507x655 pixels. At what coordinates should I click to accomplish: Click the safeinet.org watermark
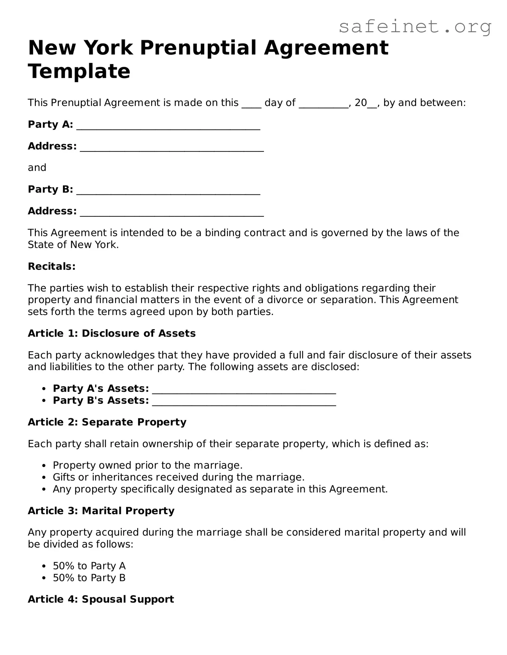click(415, 27)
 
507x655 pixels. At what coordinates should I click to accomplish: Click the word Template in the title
click(79, 71)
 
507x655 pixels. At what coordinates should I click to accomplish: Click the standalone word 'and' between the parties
click(37, 168)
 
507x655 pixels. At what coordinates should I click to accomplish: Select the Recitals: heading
click(52, 266)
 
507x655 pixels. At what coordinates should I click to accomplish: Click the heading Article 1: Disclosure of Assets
click(112, 333)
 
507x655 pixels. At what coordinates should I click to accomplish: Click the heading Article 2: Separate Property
click(107, 422)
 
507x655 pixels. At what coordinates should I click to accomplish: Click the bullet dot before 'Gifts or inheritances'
click(45, 478)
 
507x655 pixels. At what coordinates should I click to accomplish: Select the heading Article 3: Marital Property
click(101, 511)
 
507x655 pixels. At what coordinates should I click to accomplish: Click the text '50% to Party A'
click(89, 566)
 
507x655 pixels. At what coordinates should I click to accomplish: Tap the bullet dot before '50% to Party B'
click(45, 578)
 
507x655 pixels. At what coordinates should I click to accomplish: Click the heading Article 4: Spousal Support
click(101, 599)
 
